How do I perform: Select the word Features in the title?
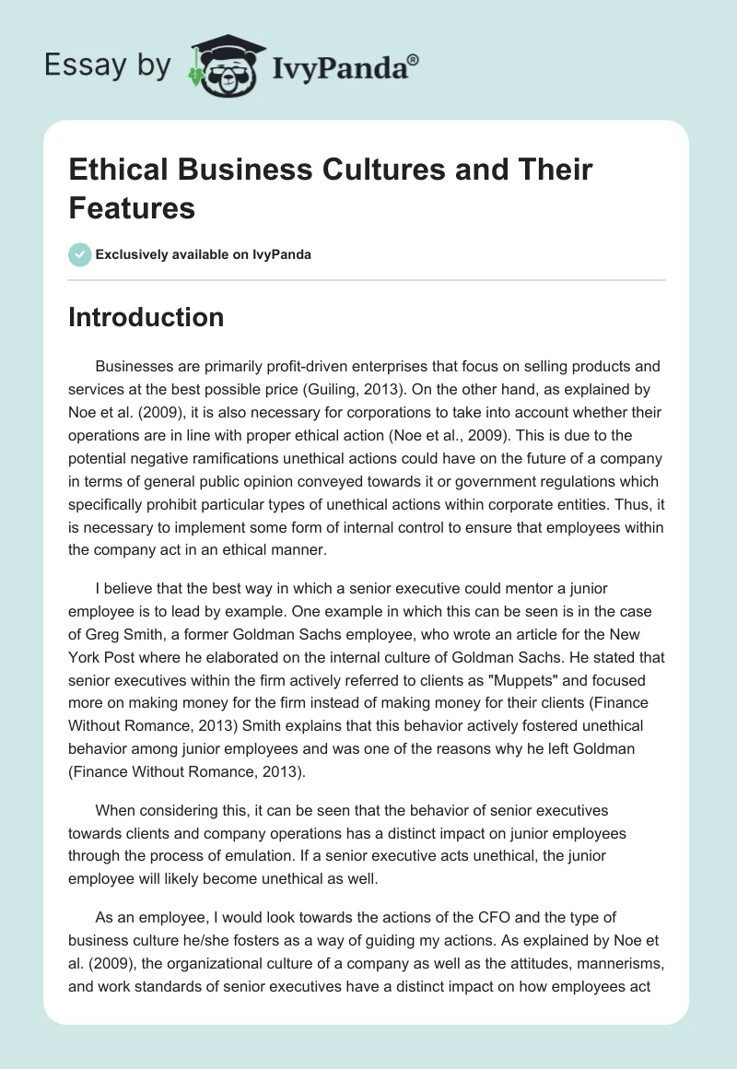[x=132, y=207]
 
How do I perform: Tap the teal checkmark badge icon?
[x=80, y=254]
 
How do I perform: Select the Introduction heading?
[x=146, y=318]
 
